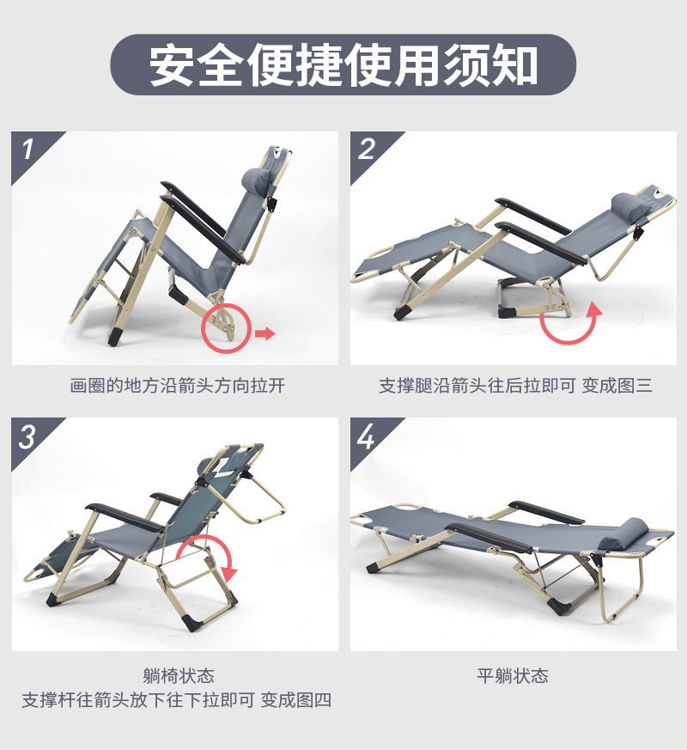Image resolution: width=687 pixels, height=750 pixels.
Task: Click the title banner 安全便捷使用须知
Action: (343, 65)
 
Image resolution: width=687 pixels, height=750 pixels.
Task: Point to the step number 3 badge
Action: (27, 436)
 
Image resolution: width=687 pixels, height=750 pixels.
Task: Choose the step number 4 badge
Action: (368, 436)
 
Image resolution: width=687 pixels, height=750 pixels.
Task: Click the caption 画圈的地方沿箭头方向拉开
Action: (177, 386)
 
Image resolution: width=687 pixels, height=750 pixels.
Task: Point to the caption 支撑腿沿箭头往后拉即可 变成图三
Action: (515, 386)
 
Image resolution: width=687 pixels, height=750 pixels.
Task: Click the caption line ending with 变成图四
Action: (177, 700)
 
